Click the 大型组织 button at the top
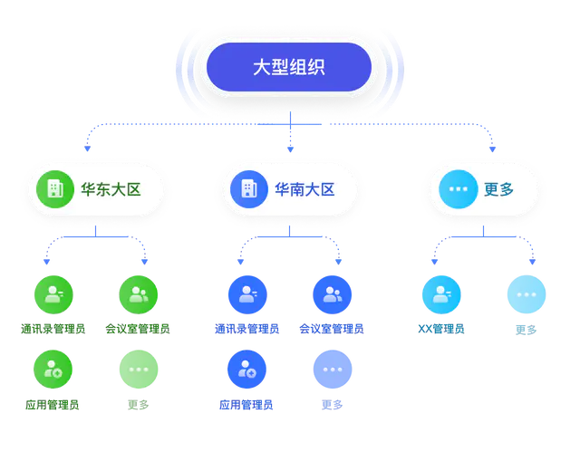coord(289,67)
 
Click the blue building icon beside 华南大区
coord(248,189)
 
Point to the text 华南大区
coord(304,189)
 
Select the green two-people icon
coord(138,293)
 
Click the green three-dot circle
coord(138,369)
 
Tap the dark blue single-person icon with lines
coord(247,293)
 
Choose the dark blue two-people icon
coord(332,293)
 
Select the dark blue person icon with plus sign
coord(247,369)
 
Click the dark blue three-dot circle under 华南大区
coord(332,369)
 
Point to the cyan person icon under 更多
coord(441,293)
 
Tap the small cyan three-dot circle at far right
coord(526,293)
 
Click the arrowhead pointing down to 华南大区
coord(290,146)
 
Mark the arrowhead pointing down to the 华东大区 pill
coord(85,146)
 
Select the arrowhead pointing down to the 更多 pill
coord(494,146)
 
